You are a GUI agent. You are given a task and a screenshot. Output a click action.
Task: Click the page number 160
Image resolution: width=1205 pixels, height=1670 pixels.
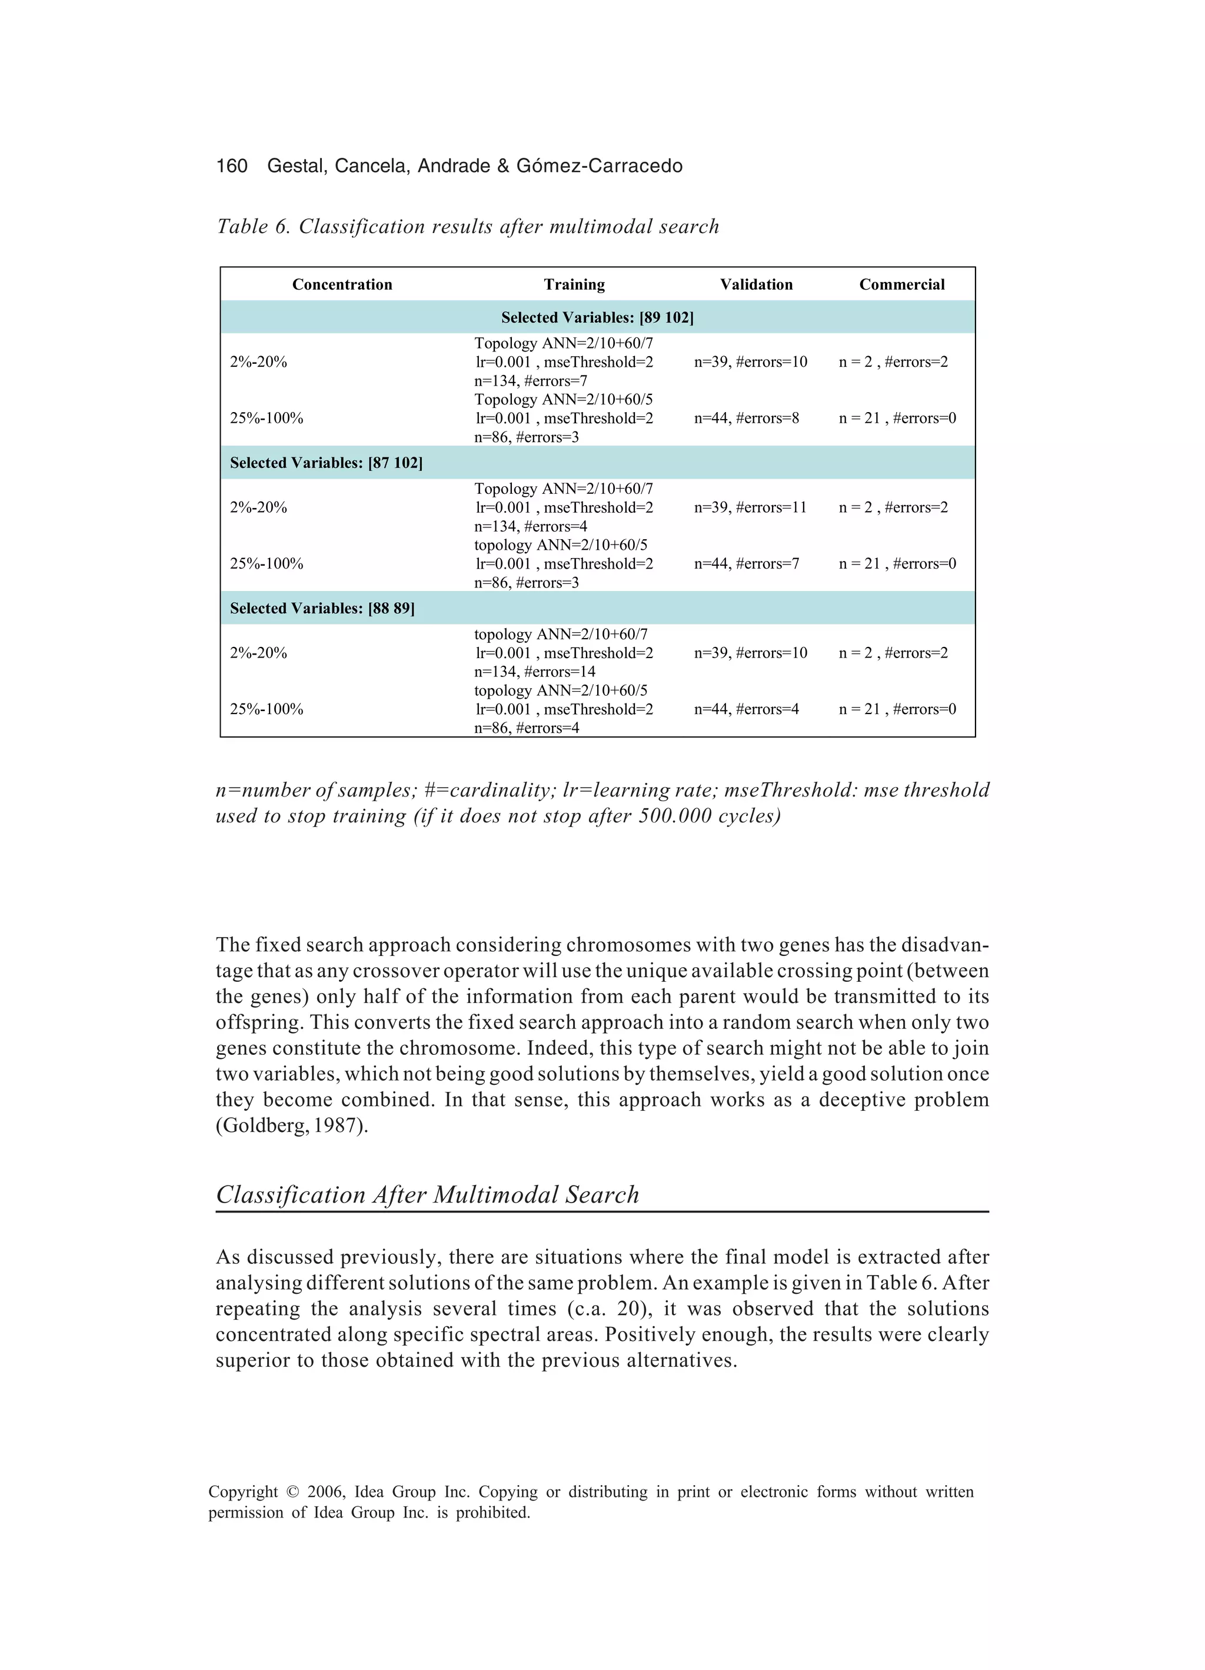pyautogui.click(x=231, y=165)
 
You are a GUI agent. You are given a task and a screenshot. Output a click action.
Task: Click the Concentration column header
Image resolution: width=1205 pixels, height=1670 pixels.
pyautogui.click(x=342, y=284)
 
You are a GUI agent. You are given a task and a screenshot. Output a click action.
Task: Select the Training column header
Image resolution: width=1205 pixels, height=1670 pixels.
pyautogui.click(x=574, y=284)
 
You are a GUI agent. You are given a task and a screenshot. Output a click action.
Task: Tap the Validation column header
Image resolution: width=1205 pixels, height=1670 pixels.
pyautogui.click(x=756, y=284)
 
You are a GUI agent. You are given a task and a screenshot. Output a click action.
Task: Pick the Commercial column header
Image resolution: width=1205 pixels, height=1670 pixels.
pyautogui.click(x=902, y=284)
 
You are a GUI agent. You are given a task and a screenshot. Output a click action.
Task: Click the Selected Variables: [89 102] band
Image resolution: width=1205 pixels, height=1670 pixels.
pyautogui.click(x=597, y=317)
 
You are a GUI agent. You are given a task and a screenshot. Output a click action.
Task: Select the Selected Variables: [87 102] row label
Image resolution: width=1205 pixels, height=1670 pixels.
pyautogui.click(x=326, y=463)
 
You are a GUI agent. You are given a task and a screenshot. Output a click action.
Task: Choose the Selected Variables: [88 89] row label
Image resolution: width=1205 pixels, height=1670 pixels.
pyautogui.click(x=322, y=608)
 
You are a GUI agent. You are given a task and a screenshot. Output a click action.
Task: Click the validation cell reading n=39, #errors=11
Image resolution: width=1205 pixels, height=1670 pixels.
pyautogui.click(x=750, y=507)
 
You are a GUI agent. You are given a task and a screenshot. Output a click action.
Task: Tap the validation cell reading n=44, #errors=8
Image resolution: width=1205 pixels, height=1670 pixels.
pyautogui.click(x=747, y=419)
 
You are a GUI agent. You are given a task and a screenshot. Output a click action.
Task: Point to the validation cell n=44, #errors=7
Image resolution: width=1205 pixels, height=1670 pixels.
pyautogui.click(x=747, y=563)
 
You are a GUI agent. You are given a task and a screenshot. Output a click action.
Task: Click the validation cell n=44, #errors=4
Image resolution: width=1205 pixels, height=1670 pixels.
pyautogui.click(x=747, y=709)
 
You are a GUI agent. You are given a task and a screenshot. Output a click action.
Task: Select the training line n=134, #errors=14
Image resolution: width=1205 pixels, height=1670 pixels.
pyautogui.click(x=534, y=672)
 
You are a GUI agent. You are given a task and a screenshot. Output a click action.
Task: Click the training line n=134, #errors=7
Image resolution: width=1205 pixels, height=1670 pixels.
pyautogui.click(x=531, y=381)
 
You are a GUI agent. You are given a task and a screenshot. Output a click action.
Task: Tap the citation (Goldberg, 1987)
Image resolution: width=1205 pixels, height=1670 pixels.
pyautogui.click(x=291, y=1126)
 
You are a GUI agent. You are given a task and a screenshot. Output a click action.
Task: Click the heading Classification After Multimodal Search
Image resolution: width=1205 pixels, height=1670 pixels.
pyautogui.click(x=428, y=1194)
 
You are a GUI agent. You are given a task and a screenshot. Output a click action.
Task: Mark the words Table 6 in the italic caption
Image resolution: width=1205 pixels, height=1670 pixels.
pyautogui.click(x=254, y=226)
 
